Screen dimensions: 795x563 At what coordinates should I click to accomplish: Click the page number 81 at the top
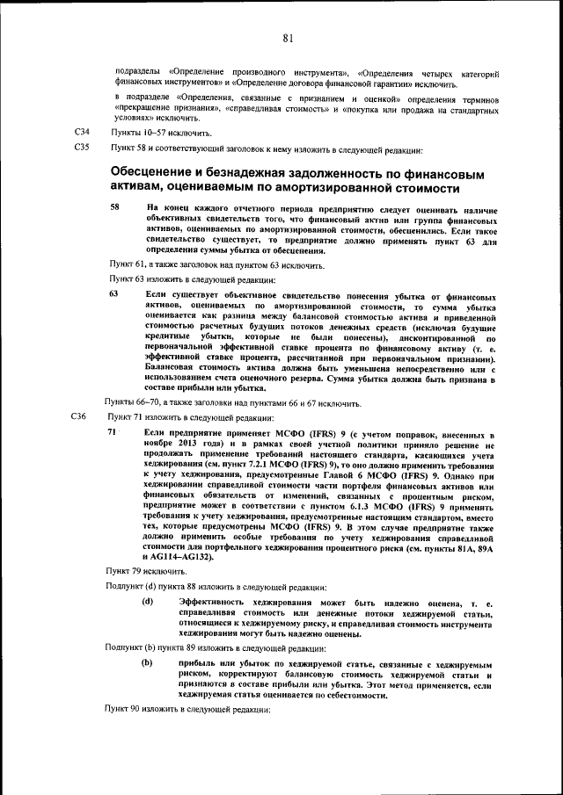tap(288, 38)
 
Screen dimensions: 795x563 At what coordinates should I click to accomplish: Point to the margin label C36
tap(78, 416)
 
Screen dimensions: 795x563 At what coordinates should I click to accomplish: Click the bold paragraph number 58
tap(114, 206)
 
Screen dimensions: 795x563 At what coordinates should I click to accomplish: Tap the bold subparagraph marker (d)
tap(148, 602)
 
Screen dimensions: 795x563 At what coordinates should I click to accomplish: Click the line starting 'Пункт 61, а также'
tap(217, 264)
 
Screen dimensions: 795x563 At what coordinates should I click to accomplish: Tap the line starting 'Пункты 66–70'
tap(233, 402)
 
